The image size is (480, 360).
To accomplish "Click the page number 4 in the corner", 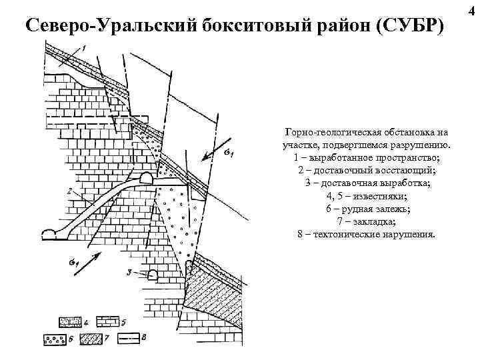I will [472, 8].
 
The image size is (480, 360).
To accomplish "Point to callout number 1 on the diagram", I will [85, 47].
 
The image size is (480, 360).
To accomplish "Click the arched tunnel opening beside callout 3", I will [153, 273].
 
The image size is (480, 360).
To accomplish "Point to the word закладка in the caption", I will [374, 223].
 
